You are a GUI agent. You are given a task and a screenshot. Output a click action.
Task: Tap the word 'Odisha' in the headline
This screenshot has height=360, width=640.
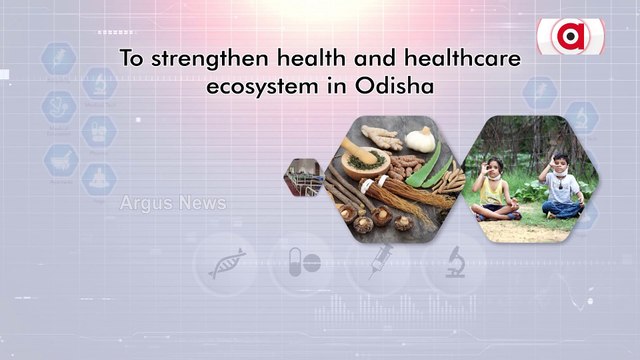[x=399, y=86]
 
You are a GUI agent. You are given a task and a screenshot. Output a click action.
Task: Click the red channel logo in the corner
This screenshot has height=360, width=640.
[x=570, y=36]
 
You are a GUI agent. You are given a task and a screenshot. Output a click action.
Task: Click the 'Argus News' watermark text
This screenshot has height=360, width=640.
[x=173, y=204]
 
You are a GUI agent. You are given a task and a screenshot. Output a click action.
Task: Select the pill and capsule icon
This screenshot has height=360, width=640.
[x=303, y=264]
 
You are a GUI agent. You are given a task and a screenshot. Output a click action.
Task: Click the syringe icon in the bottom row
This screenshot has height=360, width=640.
[x=379, y=264]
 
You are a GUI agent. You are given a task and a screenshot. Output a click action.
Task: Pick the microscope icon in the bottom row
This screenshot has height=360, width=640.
[x=455, y=262]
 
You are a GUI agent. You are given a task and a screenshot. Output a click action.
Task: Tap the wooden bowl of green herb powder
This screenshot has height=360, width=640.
[x=360, y=157]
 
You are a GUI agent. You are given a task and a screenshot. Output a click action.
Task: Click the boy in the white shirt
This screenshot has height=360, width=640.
[x=562, y=185]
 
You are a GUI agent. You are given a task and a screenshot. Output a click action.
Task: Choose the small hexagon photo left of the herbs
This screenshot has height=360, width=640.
[x=301, y=177]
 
